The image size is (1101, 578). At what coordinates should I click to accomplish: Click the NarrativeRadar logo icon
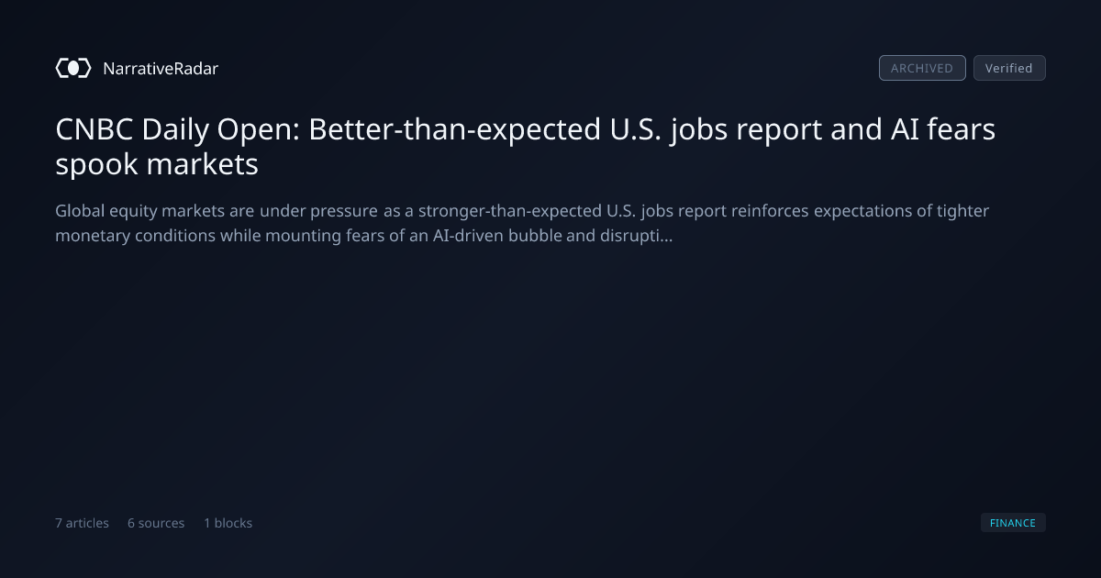click(73, 68)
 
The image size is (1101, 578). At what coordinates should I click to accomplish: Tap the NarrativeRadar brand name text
click(161, 68)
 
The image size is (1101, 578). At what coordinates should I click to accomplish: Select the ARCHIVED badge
click(922, 68)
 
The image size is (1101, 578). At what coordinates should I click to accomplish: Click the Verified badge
click(1009, 68)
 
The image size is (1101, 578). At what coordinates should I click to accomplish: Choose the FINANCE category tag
click(1013, 522)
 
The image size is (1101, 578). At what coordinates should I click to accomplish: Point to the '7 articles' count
click(82, 522)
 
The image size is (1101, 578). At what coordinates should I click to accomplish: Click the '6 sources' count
click(156, 522)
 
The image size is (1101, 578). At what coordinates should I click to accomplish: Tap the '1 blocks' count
click(228, 522)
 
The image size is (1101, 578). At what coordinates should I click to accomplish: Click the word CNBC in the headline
click(95, 129)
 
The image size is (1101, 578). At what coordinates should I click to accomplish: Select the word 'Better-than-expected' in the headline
click(455, 130)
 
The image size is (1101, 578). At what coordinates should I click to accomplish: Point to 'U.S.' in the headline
click(636, 129)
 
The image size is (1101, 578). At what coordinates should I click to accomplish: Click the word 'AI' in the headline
click(905, 129)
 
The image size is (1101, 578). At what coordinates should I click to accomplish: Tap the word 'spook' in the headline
click(96, 164)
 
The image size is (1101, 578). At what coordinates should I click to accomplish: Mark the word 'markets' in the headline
click(203, 163)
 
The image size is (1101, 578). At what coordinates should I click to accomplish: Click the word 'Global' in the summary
click(80, 210)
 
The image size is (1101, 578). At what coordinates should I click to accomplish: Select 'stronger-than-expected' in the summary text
click(510, 211)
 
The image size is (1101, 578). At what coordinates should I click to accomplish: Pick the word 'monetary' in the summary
click(93, 236)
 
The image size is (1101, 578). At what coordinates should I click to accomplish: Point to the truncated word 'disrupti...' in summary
click(636, 236)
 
